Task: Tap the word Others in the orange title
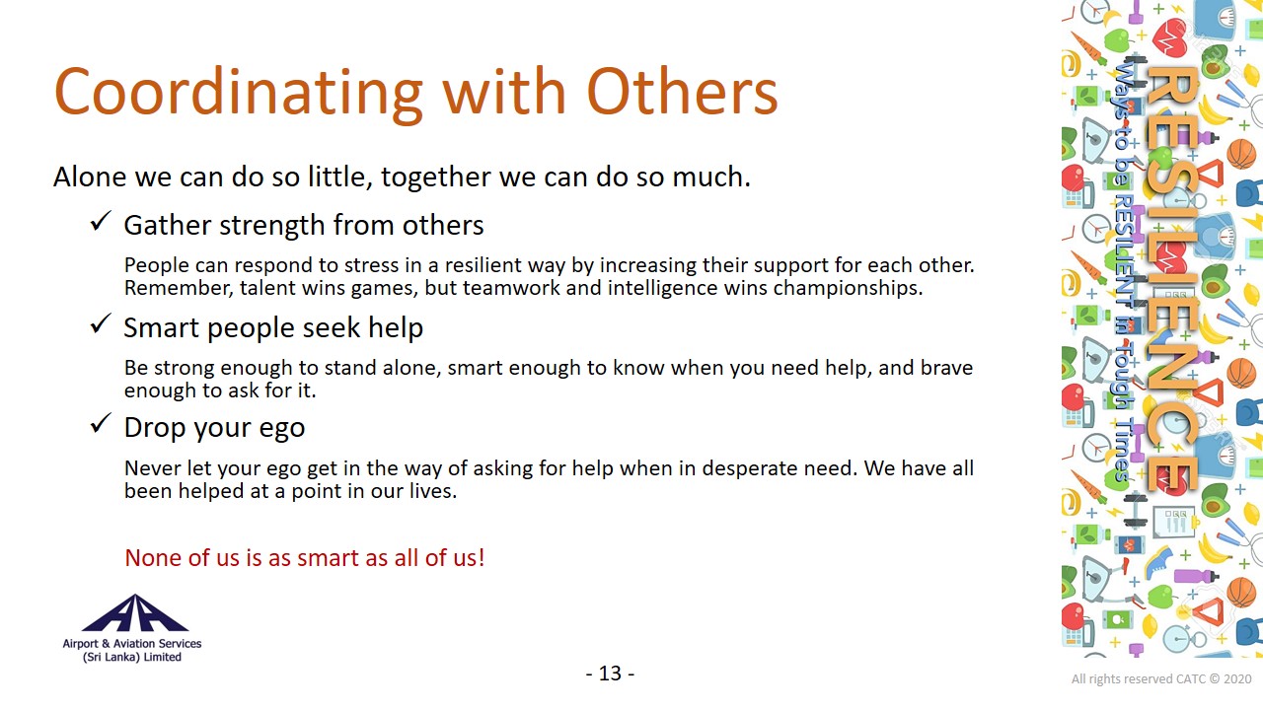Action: [x=683, y=91]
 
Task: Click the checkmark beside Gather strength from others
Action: [x=101, y=221]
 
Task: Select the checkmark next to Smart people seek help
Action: [x=101, y=323]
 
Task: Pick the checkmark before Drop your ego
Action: [x=101, y=424]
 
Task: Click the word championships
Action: [x=848, y=289]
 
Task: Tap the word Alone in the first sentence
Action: [x=90, y=177]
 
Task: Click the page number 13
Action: [x=610, y=674]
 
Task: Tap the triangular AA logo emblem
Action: [x=135, y=612]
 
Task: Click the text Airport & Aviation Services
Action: [x=132, y=644]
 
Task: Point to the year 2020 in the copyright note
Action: [x=1237, y=679]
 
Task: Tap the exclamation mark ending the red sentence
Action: [x=482, y=558]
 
